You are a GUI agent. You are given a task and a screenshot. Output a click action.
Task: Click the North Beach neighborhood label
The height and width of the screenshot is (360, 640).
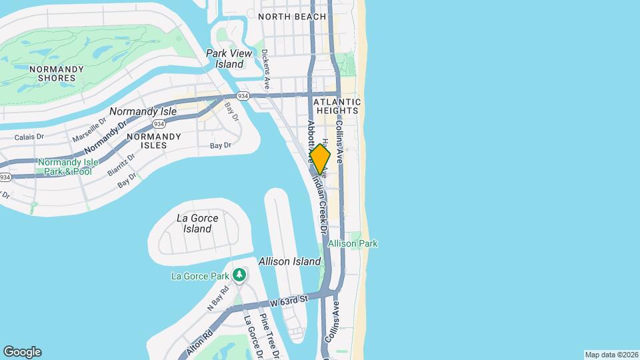[292, 17]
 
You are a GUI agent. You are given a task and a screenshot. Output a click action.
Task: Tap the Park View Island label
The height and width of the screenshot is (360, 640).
[225, 59]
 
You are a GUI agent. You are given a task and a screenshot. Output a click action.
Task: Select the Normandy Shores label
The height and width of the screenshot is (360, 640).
[57, 73]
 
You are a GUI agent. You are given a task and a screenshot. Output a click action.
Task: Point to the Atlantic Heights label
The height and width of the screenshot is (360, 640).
[339, 107]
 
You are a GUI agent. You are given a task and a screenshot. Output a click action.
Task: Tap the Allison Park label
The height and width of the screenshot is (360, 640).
[353, 244]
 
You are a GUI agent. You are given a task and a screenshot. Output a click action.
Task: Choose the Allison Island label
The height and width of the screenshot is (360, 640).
[289, 261]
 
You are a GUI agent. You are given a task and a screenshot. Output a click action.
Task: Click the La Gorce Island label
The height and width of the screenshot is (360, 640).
[194, 223]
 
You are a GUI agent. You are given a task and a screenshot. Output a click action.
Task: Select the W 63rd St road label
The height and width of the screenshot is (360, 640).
[285, 301]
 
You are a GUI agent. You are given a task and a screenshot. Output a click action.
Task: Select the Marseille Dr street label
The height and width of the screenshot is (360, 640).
[89, 127]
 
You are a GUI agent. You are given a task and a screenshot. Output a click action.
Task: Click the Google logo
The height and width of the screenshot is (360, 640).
[22, 352]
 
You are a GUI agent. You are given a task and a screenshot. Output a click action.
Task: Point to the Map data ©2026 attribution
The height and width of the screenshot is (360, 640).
[611, 355]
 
